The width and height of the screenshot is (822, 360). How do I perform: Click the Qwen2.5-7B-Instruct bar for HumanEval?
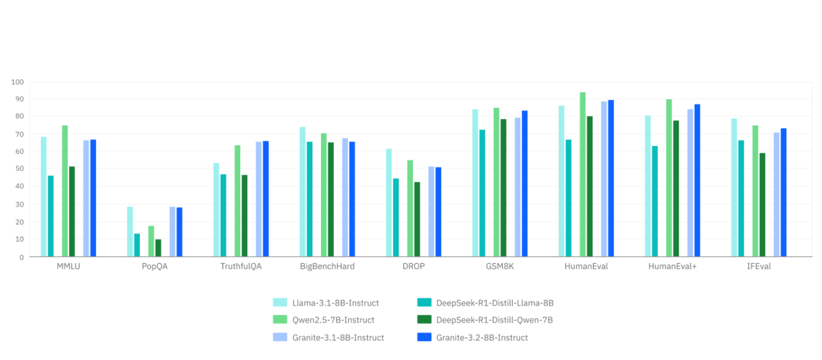[x=582, y=174]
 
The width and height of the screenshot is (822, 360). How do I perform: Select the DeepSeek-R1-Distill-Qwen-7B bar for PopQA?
[x=158, y=248]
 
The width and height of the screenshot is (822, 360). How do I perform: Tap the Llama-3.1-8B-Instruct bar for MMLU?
[x=43, y=196]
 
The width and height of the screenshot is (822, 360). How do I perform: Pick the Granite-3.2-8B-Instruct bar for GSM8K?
[x=525, y=183]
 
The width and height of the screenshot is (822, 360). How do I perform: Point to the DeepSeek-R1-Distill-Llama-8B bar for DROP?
[x=395, y=217]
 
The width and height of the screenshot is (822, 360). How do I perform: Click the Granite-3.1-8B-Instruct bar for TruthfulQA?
[x=259, y=199]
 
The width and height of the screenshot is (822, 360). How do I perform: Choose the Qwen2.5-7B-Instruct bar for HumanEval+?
[x=669, y=178]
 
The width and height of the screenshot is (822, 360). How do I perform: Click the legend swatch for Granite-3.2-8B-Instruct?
[x=425, y=337]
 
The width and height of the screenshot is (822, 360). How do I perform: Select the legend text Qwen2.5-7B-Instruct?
[x=333, y=320]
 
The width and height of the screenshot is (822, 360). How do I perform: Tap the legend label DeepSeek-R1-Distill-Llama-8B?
[x=495, y=303]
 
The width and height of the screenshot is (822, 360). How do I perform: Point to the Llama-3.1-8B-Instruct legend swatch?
[x=280, y=303]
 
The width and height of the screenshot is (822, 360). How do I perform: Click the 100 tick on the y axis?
[x=17, y=82]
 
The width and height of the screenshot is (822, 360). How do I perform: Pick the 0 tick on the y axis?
[x=21, y=256]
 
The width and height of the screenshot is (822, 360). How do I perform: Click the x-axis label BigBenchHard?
[x=327, y=266]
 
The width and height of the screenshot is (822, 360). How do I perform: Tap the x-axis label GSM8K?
[x=500, y=266]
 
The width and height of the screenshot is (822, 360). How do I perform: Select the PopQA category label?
[x=155, y=266]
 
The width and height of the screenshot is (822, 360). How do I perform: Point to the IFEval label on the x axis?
[x=759, y=266]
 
